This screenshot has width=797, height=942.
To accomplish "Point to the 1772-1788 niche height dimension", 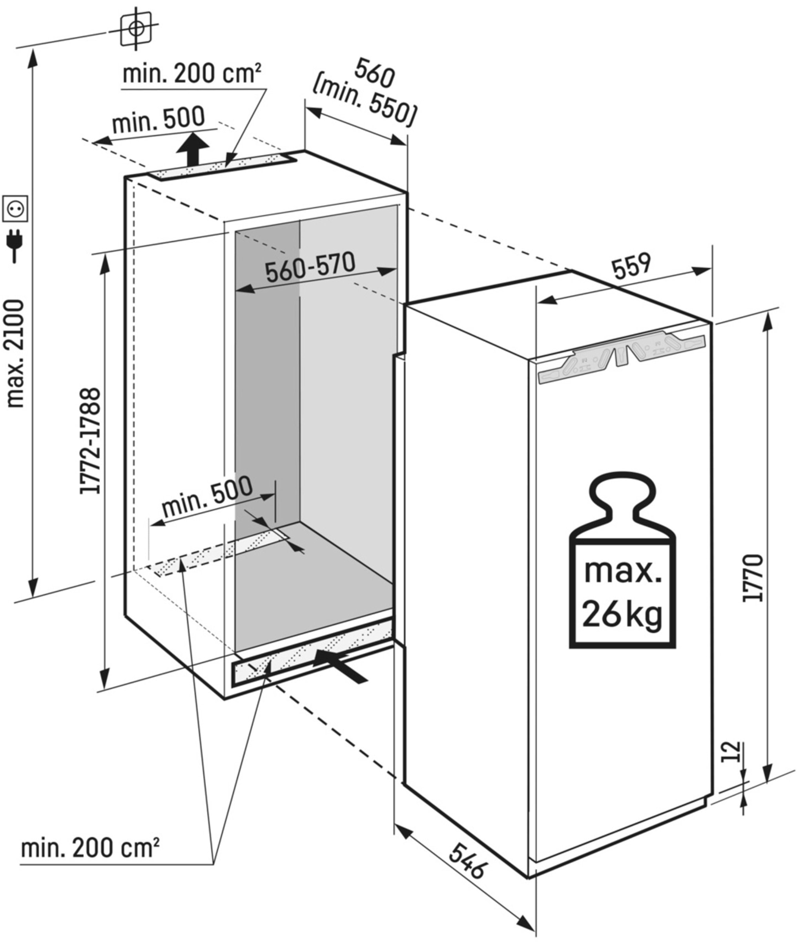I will (x=89, y=441).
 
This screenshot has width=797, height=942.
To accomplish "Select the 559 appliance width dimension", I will (x=632, y=267).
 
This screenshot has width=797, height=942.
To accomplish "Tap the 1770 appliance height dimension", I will (x=753, y=578).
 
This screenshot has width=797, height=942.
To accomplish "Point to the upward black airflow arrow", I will (x=193, y=150).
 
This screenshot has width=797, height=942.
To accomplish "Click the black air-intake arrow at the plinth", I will (x=339, y=664).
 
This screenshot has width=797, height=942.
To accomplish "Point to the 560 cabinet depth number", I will (x=374, y=73).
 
